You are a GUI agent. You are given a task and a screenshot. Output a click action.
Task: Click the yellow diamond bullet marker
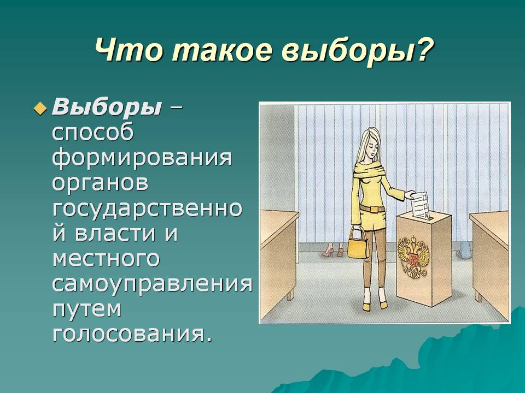coord(40,109)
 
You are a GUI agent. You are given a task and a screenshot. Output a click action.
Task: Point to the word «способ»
coord(93,133)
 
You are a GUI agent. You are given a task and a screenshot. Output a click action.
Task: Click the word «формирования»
coord(142,158)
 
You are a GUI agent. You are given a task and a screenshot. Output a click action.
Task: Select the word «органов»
coord(100,183)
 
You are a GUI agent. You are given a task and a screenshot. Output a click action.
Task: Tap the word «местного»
coord(106,259)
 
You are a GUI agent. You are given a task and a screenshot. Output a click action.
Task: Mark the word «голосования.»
coord(132,334)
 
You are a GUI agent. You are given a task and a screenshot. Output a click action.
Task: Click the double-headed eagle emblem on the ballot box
coord(413,255)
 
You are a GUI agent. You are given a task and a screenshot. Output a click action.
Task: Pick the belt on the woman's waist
coord(372,209)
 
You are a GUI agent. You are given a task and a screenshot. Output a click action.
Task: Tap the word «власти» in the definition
coord(115,233)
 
